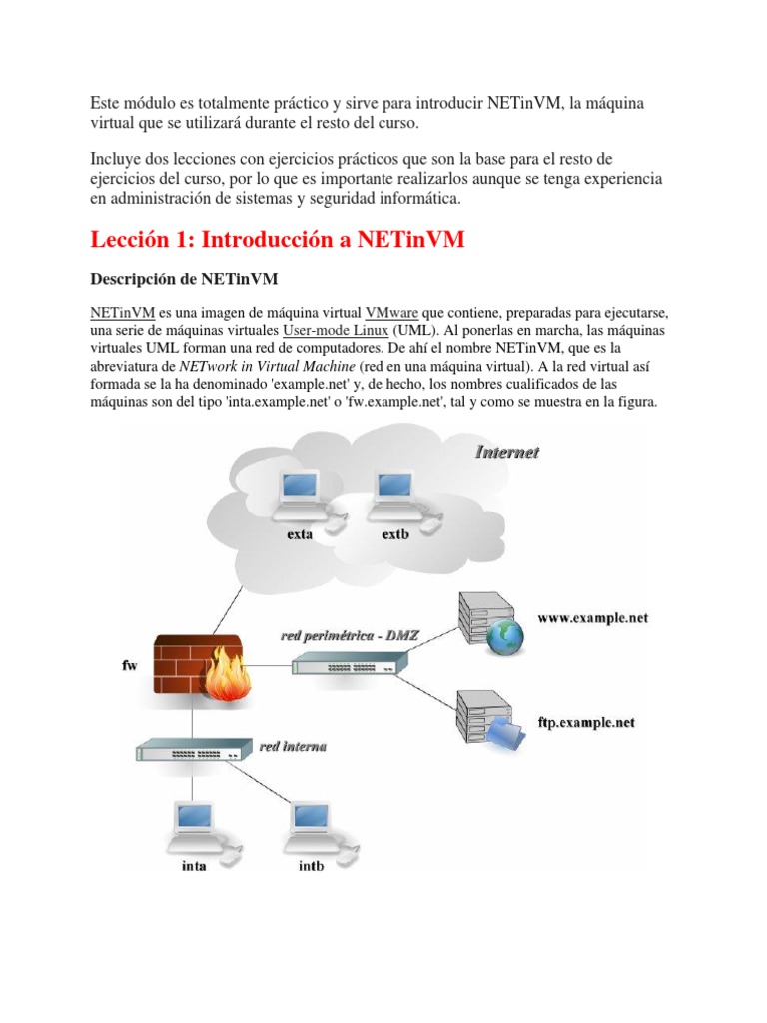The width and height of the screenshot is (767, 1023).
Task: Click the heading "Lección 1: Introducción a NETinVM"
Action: [277, 240]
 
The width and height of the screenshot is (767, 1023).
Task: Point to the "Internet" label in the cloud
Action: [506, 453]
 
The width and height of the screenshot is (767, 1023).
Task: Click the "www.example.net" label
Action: [592, 618]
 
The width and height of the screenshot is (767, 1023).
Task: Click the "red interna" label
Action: [293, 746]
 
